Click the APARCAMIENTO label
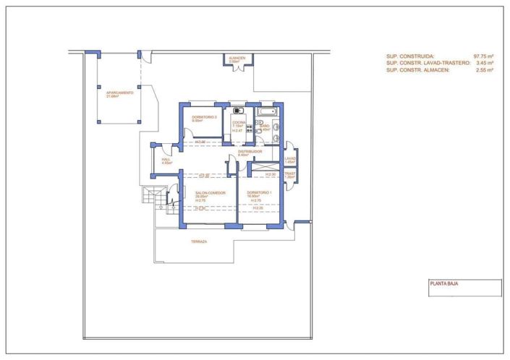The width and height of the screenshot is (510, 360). (x=119, y=93)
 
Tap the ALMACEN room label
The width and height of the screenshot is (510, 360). (x=237, y=58)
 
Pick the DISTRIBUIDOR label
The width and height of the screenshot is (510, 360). (x=250, y=151)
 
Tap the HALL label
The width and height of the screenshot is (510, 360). (x=166, y=159)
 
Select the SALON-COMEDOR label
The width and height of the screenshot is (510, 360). (x=210, y=193)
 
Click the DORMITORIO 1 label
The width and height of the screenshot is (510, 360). (x=259, y=193)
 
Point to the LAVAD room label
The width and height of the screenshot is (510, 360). (x=290, y=159)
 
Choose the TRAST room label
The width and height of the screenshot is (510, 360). (x=290, y=174)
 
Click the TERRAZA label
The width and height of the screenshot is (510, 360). (x=199, y=241)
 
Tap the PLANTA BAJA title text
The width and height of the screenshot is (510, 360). (x=443, y=284)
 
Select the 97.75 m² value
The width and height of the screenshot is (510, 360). (x=483, y=56)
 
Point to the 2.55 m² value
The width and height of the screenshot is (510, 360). (x=485, y=70)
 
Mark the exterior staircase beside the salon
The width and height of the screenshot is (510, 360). (x=152, y=196)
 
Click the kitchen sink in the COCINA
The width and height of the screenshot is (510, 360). (x=237, y=112)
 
